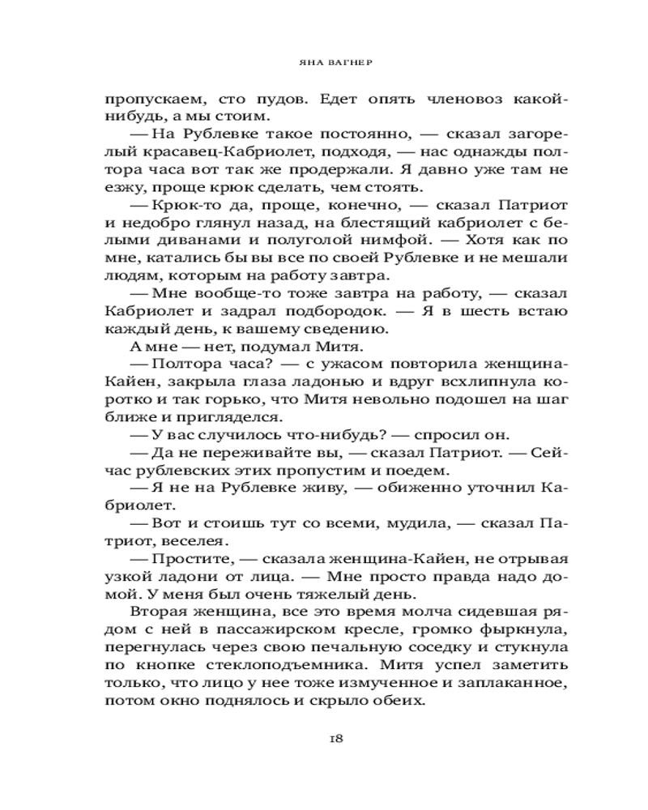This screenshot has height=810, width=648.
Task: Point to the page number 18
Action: point(337,738)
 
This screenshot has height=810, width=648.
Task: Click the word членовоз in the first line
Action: point(441,99)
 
